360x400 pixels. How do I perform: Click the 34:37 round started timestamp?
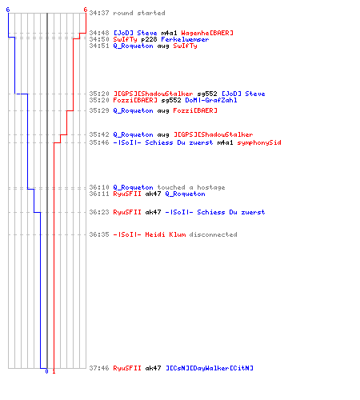(x=99, y=13)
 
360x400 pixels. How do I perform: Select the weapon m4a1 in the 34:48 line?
(x=169, y=33)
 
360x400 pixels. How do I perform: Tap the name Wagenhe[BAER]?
(x=207, y=33)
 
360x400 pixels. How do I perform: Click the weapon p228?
(x=149, y=39)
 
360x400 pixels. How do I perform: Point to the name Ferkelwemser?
(x=185, y=39)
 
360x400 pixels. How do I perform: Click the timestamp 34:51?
(x=99, y=46)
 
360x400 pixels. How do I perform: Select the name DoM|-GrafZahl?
(x=211, y=100)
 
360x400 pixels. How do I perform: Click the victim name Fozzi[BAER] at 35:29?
(x=195, y=110)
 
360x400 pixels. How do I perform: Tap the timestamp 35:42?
(x=99, y=134)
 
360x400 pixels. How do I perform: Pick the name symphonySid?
(x=259, y=142)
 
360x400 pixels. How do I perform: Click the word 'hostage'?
(x=211, y=187)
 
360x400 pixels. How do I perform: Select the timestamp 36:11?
(x=99, y=194)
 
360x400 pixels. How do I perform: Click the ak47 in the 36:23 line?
(x=153, y=212)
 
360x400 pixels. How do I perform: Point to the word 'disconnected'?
(x=213, y=234)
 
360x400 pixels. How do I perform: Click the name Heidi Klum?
(x=166, y=234)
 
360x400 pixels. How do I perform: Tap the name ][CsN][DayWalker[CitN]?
(x=210, y=368)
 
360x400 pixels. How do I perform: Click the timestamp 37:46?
(x=99, y=368)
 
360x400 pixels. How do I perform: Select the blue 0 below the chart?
(x=46, y=371)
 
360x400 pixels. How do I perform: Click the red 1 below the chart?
(x=54, y=371)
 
